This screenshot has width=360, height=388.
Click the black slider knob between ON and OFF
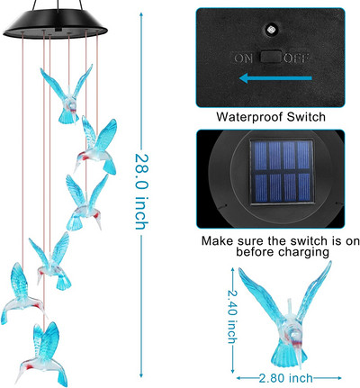pos(271,57)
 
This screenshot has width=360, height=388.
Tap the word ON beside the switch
pos(244,59)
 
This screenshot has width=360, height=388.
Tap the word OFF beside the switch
pos(296,59)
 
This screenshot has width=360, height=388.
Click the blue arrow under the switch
pos(275,78)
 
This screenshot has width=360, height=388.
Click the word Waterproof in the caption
pos(249,117)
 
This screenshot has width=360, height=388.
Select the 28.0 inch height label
pos(141,192)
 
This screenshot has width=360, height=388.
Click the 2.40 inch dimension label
pos(232,316)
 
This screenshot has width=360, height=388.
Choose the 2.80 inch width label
pos(286,378)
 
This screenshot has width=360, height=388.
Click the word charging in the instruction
pos(303,252)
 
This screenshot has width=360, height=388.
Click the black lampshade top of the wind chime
pos(55,23)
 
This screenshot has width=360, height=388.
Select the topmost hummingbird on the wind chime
pos(67,95)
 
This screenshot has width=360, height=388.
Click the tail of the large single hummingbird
pos(290,356)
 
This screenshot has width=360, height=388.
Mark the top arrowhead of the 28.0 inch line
pos(141,15)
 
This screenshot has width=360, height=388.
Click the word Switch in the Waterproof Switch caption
pos(306,117)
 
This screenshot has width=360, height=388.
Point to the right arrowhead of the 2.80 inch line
pos(338,378)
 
